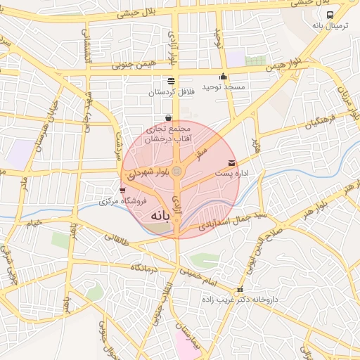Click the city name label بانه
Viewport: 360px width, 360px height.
click(160, 217)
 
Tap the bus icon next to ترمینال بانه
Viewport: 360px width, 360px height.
click(330, 14)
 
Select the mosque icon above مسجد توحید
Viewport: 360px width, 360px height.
click(224, 77)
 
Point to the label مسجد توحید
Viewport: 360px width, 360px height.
click(223, 87)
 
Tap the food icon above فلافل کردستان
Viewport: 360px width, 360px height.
click(171, 81)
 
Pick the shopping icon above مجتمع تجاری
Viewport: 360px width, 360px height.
click(167, 117)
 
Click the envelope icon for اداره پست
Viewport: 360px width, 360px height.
click(232, 163)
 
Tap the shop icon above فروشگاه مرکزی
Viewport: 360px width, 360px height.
click(123, 190)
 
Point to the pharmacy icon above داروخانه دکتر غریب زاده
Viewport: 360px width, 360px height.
click(240, 289)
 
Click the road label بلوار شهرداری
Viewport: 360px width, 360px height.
click(148, 174)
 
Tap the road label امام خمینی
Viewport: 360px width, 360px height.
click(200, 276)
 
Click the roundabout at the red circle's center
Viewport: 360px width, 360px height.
click(177, 172)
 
